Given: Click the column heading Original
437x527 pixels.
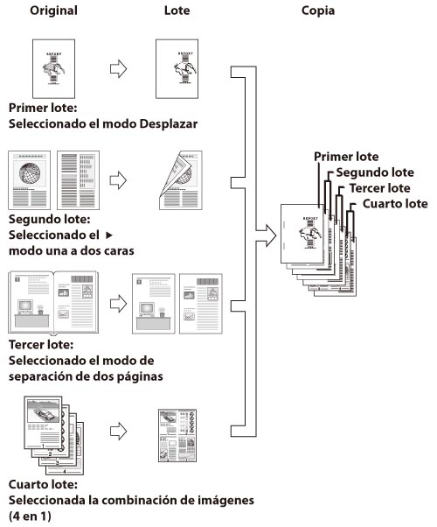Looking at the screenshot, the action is pyautogui.click(x=53, y=11).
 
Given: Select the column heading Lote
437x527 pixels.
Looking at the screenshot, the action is pyautogui.click(x=177, y=11).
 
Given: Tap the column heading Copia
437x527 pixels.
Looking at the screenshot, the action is pyautogui.click(x=318, y=11).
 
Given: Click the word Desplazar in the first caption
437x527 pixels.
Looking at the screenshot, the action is pyautogui.click(x=169, y=123).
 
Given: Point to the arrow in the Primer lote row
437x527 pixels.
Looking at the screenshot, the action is pyautogui.click(x=119, y=69).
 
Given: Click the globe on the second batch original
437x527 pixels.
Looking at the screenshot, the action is pyautogui.click(x=30, y=173).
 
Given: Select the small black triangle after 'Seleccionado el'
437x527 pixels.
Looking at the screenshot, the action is pyautogui.click(x=108, y=235).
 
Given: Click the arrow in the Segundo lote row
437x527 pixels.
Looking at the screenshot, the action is pyautogui.click(x=119, y=180).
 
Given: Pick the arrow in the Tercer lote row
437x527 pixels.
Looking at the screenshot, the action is pyautogui.click(x=119, y=304).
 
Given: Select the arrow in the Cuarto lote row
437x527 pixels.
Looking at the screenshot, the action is pyautogui.click(x=119, y=431).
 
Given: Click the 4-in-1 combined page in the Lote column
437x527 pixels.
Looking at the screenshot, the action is pyautogui.click(x=177, y=435).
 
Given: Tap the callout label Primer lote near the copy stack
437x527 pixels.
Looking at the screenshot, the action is pyautogui.click(x=346, y=157).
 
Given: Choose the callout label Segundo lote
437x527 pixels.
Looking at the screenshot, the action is pyautogui.click(x=375, y=172).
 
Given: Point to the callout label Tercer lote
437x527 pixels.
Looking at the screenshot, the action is pyautogui.click(x=379, y=188).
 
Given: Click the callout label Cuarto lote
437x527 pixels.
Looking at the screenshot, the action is pyautogui.click(x=395, y=204).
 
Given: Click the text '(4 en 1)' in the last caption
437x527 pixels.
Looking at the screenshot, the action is pyautogui.click(x=30, y=516).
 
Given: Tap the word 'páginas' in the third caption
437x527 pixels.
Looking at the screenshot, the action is pyautogui.click(x=141, y=376).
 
